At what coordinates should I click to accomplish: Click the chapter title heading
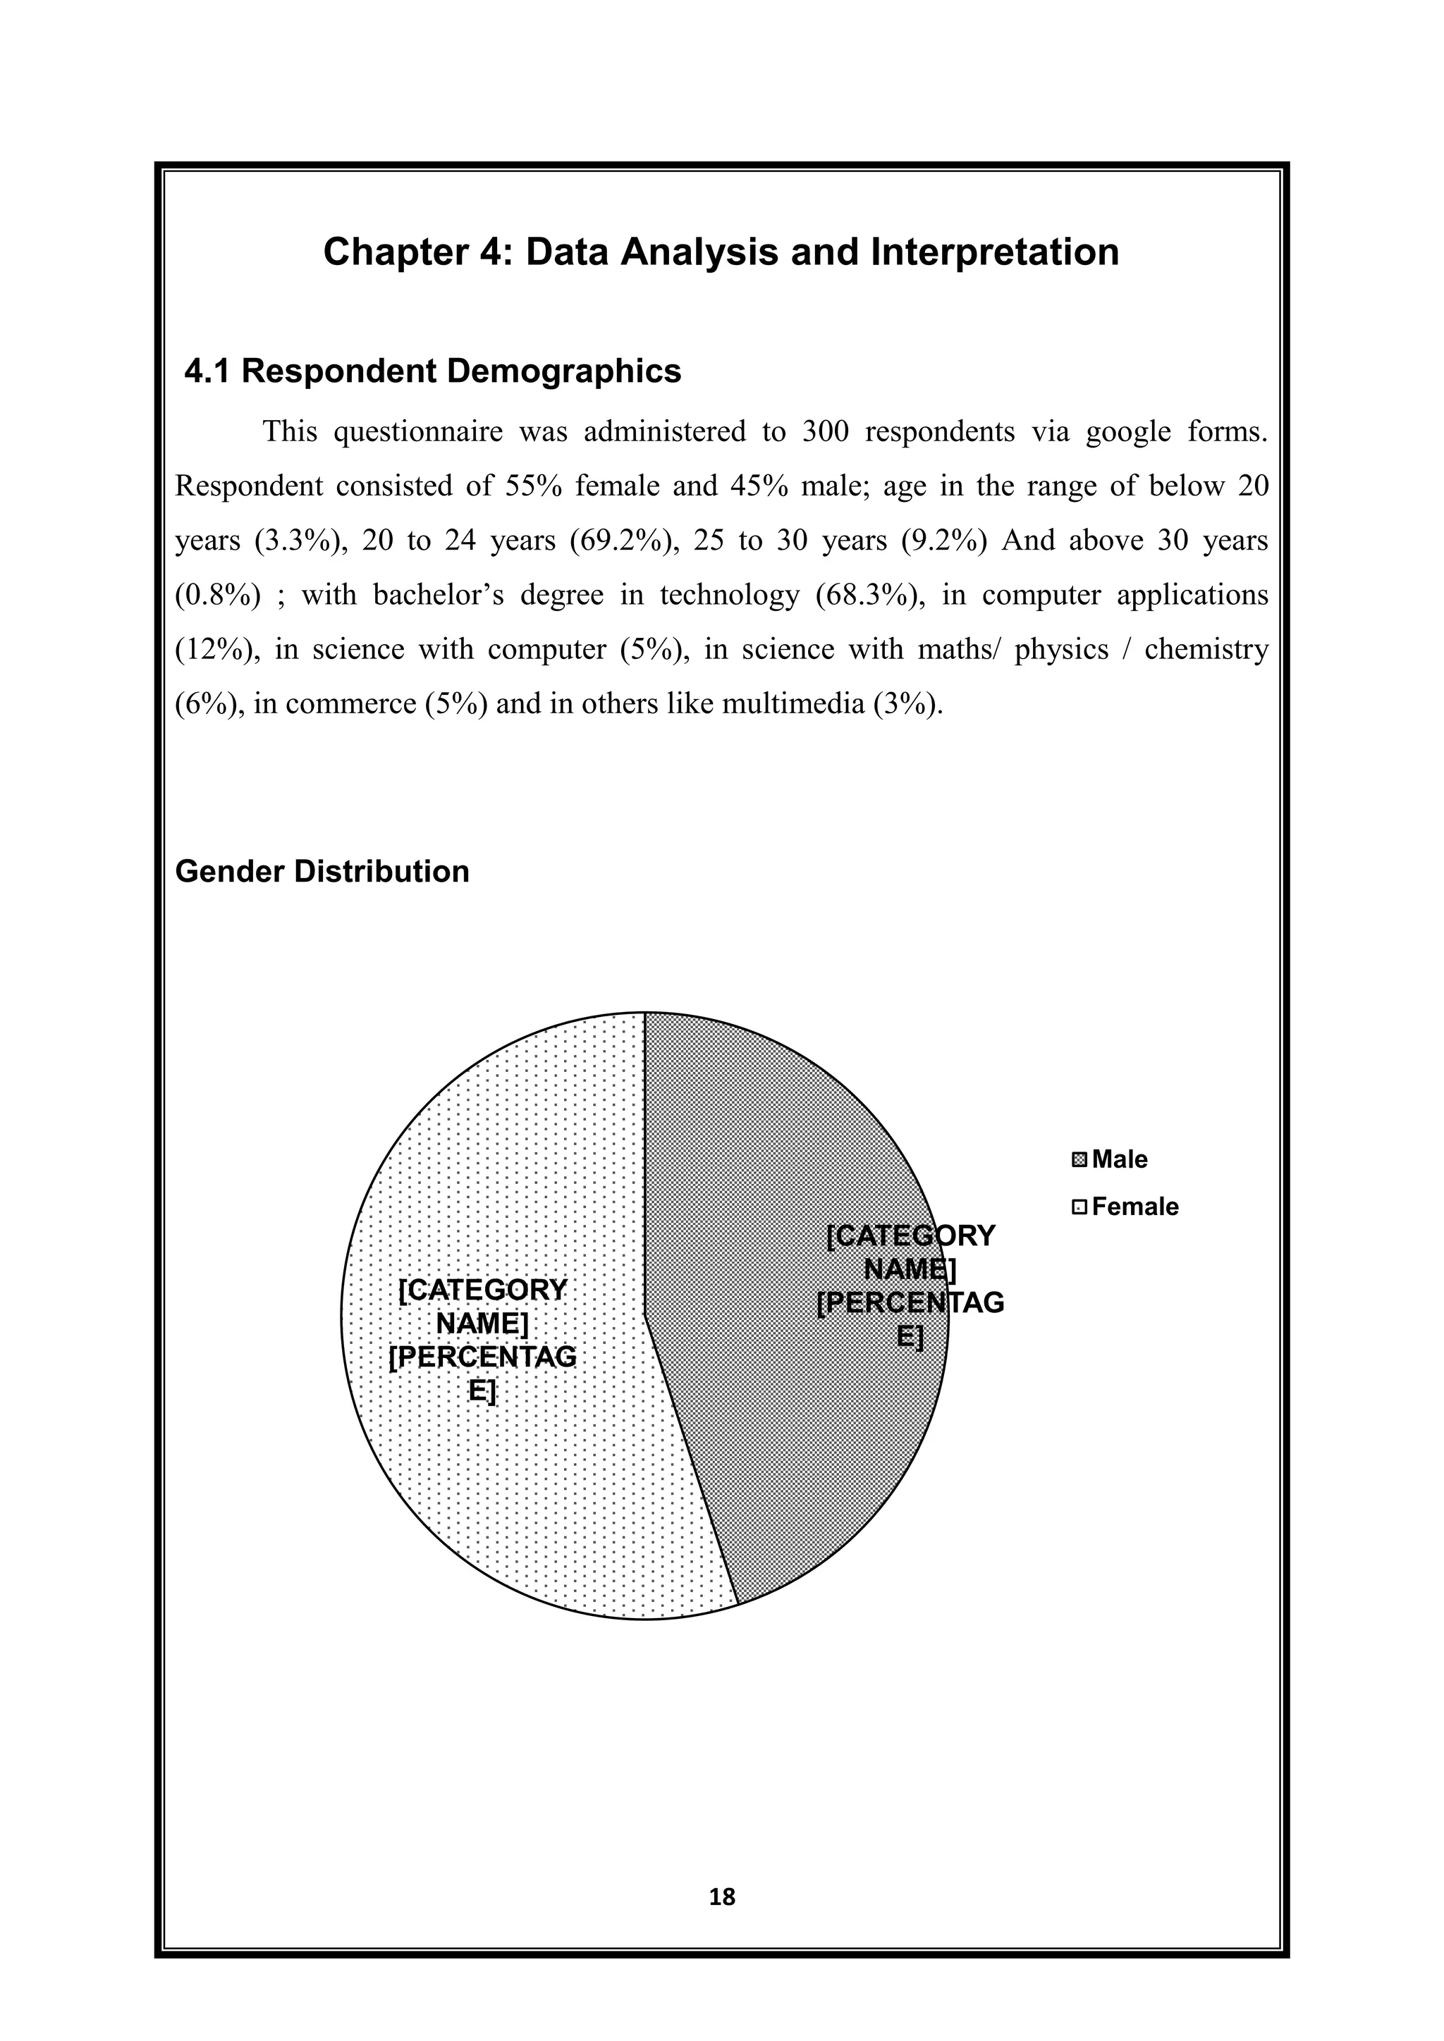point(721,252)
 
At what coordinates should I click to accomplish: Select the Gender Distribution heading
point(322,871)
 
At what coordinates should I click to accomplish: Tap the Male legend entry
point(1118,1159)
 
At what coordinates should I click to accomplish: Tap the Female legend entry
point(1134,1207)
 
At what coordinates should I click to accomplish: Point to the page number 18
point(722,1898)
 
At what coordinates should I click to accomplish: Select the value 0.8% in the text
point(218,596)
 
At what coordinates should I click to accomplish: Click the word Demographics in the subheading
point(564,371)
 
